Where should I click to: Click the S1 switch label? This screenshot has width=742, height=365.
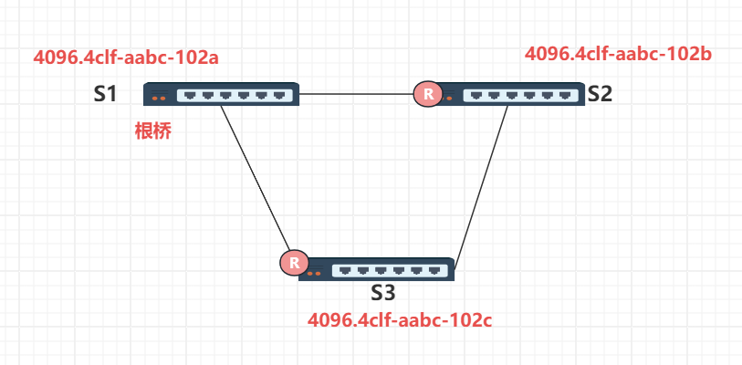coord(105,93)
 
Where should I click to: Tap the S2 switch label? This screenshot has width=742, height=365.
coord(600,93)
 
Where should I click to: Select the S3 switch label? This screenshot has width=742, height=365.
coord(383,293)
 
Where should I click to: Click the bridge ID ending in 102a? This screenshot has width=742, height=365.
coord(126,57)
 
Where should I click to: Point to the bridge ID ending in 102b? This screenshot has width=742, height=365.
coord(618,54)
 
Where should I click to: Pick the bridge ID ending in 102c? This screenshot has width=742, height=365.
coord(401,320)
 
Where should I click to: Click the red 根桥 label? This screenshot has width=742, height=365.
coord(152,130)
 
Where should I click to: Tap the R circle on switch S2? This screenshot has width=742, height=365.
coord(426,93)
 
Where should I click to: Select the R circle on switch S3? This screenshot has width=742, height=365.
coord(293,264)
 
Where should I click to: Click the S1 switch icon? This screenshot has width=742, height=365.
coord(222,93)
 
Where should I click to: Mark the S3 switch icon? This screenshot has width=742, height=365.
coord(377,270)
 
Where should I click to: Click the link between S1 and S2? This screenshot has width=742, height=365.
coord(356,93)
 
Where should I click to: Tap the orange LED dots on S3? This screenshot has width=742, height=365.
coord(315,273)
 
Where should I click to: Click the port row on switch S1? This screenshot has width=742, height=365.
coord(235,94)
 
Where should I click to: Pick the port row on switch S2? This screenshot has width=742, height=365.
coord(520,94)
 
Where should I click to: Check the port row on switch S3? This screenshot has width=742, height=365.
coord(390,270)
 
